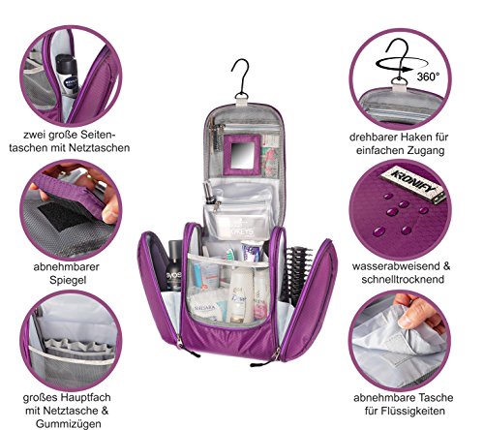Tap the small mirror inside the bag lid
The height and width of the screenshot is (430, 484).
pyautogui.click(x=241, y=155)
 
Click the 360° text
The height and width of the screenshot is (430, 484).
pyautogui.click(x=428, y=77)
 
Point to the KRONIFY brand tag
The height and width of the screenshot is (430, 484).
pyautogui.click(x=412, y=184)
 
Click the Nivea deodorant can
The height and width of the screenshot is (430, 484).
pyautogui.click(x=68, y=76)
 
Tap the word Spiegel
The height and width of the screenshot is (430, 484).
pyautogui.click(x=68, y=280)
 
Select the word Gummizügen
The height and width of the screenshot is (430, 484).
pyautogui.click(x=69, y=423)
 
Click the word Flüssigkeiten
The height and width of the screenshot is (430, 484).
pyautogui.click(x=405, y=411)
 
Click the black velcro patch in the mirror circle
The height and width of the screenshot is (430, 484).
pyautogui.click(x=63, y=216)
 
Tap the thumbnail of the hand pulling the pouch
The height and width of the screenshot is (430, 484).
pyautogui.click(x=400, y=341)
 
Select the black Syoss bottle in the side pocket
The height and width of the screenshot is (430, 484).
pyautogui.click(x=173, y=266)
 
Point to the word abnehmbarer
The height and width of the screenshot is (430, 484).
pyautogui.click(x=66, y=266)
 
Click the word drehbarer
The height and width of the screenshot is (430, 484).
pyautogui.click(x=373, y=137)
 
